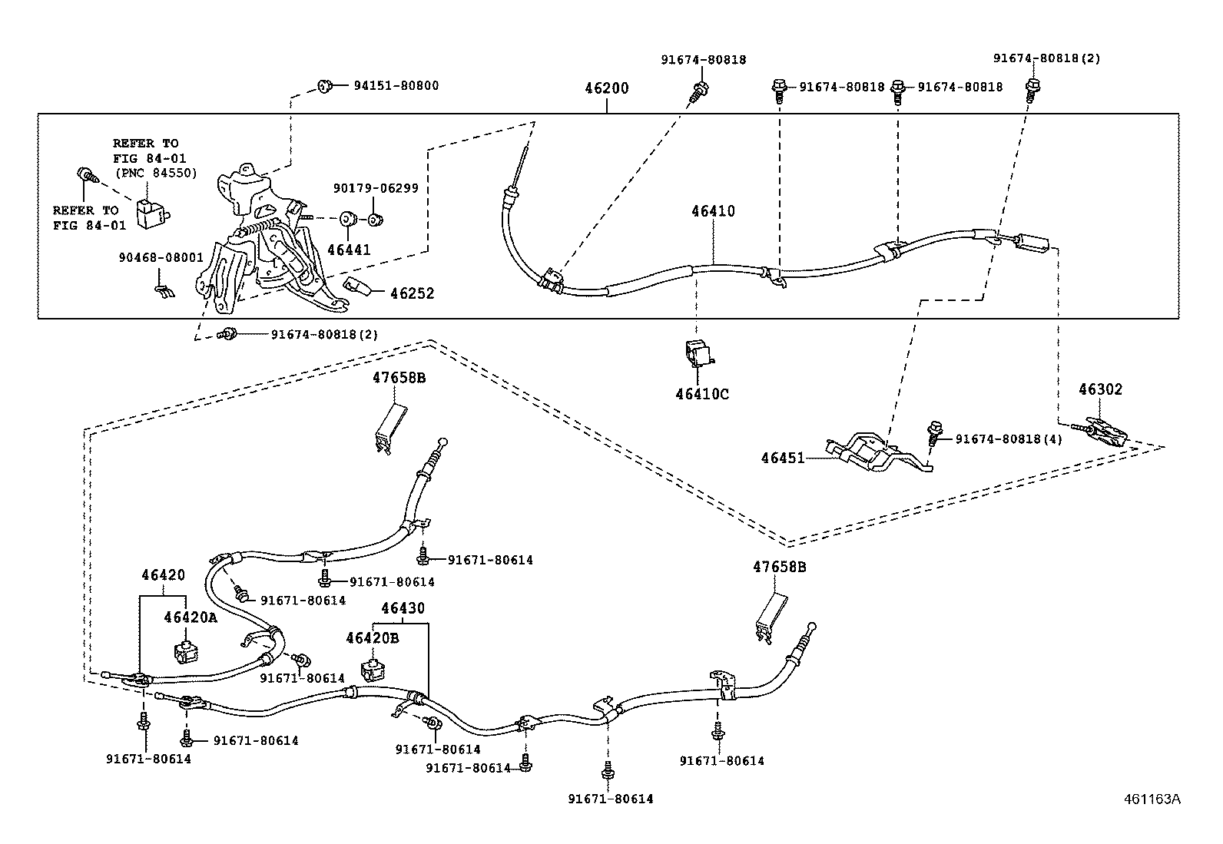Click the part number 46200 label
pyautogui.click(x=606, y=88)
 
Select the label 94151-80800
pyautogui.click(x=396, y=85)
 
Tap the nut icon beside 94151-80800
pyautogui.click(x=324, y=85)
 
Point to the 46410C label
pyautogui.click(x=702, y=394)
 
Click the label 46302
pyautogui.click(x=1100, y=389)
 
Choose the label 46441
pyautogui.click(x=349, y=250)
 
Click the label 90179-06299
pyautogui.click(x=376, y=188)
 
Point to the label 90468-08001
pyautogui.click(x=161, y=257)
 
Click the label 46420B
pyautogui.click(x=372, y=637)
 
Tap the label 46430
pyautogui.click(x=403, y=608)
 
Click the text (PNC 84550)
pyautogui.click(x=156, y=173)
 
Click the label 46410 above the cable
pyautogui.click(x=712, y=211)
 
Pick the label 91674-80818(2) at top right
pyautogui.click(x=1046, y=58)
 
